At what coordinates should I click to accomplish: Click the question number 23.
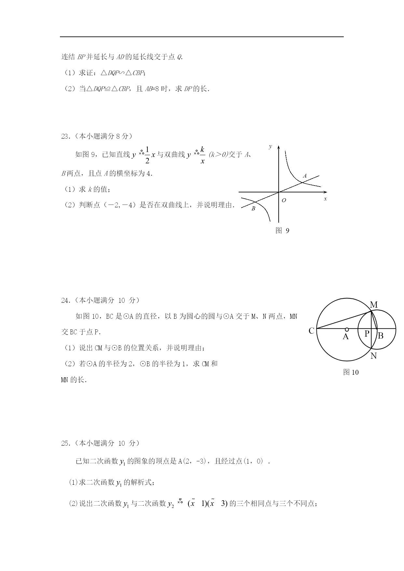(x=65, y=137)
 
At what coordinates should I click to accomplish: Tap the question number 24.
(x=65, y=300)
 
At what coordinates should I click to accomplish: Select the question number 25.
(x=65, y=443)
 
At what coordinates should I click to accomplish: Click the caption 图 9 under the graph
(x=282, y=231)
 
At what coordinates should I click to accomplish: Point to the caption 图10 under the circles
(x=351, y=372)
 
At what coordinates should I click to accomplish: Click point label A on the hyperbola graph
(x=305, y=176)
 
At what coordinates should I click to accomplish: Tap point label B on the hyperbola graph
(x=253, y=209)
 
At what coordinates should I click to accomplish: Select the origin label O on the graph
(x=284, y=201)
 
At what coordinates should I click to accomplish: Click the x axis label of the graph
(x=325, y=199)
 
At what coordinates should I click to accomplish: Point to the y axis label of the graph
(x=270, y=147)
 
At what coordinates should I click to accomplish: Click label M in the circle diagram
(x=374, y=305)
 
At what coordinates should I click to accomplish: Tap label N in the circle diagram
(x=373, y=356)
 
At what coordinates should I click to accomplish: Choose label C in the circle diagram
(x=311, y=331)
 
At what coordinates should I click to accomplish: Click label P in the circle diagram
(x=367, y=334)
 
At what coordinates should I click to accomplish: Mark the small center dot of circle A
(x=347, y=329)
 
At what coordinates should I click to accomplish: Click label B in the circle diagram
(x=381, y=336)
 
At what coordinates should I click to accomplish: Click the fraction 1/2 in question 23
(x=147, y=155)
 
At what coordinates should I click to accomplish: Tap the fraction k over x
(x=202, y=155)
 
